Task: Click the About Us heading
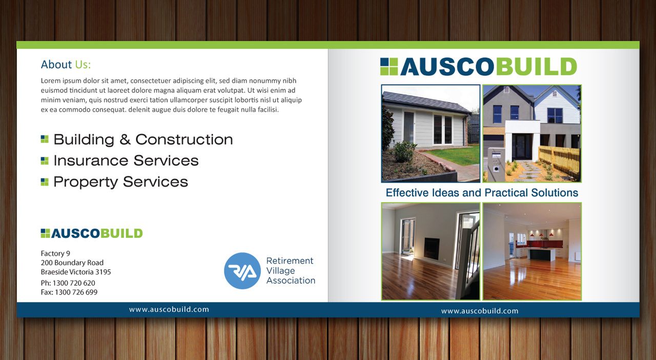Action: click(x=66, y=65)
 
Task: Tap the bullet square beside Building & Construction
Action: click(x=45, y=139)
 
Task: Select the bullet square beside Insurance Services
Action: click(x=45, y=161)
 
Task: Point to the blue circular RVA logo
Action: click(x=242, y=271)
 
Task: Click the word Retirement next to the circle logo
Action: click(x=290, y=261)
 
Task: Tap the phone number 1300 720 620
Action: click(x=74, y=283)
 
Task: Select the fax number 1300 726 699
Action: click(x=76, y=292)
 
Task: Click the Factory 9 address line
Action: click(x=55, y=253)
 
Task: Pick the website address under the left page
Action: click(x=169, y=309)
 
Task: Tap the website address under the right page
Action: click(x=480, y=311)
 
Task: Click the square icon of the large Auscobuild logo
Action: click(x=389, y=67)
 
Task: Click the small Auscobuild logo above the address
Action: click(x=92, y=233)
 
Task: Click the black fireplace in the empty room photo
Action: click(x=432, y=249)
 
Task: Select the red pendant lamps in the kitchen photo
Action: click(x=541, y=234)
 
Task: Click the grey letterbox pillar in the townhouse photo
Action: click(x=496, y=163)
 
